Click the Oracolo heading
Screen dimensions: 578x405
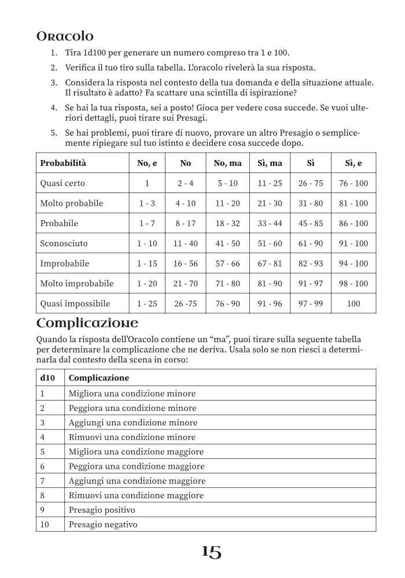click(x=65, y=36)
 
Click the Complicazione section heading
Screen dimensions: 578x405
click(x=87, y=322)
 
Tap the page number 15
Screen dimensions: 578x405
click(x=211, y=553)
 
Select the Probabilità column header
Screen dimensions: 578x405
click(x=62, y=163)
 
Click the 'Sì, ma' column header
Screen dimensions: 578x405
click(x=270, y=163)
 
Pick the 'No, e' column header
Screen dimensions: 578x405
click(x=147, y=163)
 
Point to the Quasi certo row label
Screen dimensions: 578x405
click(x=62, y=183)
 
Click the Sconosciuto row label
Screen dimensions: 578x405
click(x=64, y=243)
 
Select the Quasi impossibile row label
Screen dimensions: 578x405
click(x=75, y=303)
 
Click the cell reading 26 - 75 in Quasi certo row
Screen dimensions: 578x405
click(x=311, y=183)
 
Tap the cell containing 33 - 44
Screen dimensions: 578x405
click(x=270, y=223)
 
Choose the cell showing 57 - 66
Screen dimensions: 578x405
click(x=227, y=264)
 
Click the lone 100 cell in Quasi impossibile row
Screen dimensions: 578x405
click(x=353, y=303)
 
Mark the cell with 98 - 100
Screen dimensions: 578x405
click(x=353, y=283)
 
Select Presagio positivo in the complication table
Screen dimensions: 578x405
click(x=102, y=510)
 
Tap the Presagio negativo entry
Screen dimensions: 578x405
click(x=103, y=524)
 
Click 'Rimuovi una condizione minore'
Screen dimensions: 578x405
click(x=132, y=437)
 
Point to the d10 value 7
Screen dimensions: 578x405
click(x=42, y=480)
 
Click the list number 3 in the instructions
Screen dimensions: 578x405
click(x=53, y=83)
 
